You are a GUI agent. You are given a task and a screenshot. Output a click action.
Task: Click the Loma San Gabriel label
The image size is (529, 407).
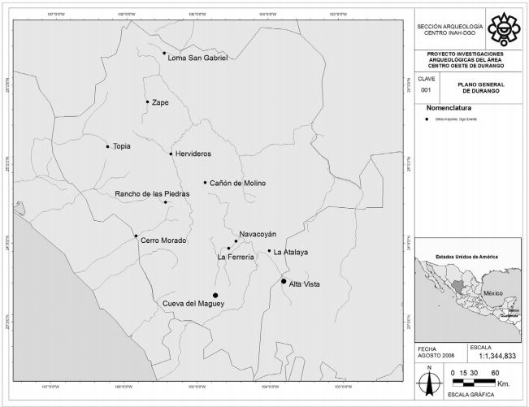pyautogui.click(x=197, y=58)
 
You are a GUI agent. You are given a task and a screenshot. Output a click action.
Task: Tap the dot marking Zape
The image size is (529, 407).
pyautogui.click(x=147, y=102)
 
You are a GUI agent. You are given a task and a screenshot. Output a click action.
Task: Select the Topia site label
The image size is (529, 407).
pyautogui.click(x=121, y=146)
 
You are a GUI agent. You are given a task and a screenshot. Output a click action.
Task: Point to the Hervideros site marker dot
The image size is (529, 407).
pyautogui.click(x=171, y=154)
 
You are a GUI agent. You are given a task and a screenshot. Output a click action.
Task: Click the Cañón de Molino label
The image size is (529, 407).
pyautogui.click(x=237, y=183)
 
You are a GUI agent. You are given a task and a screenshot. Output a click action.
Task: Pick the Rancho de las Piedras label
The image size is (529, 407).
pyautogui.click(x=152, y=194)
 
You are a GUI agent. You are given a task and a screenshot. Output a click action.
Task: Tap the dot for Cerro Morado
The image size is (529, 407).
pyautogui.click(x=136, y=236)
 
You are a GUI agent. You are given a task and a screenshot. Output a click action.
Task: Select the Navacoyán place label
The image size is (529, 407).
pyautogui.click(x=258, y=233)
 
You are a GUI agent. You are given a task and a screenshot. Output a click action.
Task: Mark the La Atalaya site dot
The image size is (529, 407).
pyautogui.click(x=269, y=251)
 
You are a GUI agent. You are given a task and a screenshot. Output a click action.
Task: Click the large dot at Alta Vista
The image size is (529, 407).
pyautogui.click(x=284, y=281)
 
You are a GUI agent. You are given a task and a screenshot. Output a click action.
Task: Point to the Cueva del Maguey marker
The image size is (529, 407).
pyautogui.click(x=215, y=296)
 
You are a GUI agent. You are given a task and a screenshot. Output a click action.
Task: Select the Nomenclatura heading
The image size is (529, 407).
pyautogui.click(x=452, y=107)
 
